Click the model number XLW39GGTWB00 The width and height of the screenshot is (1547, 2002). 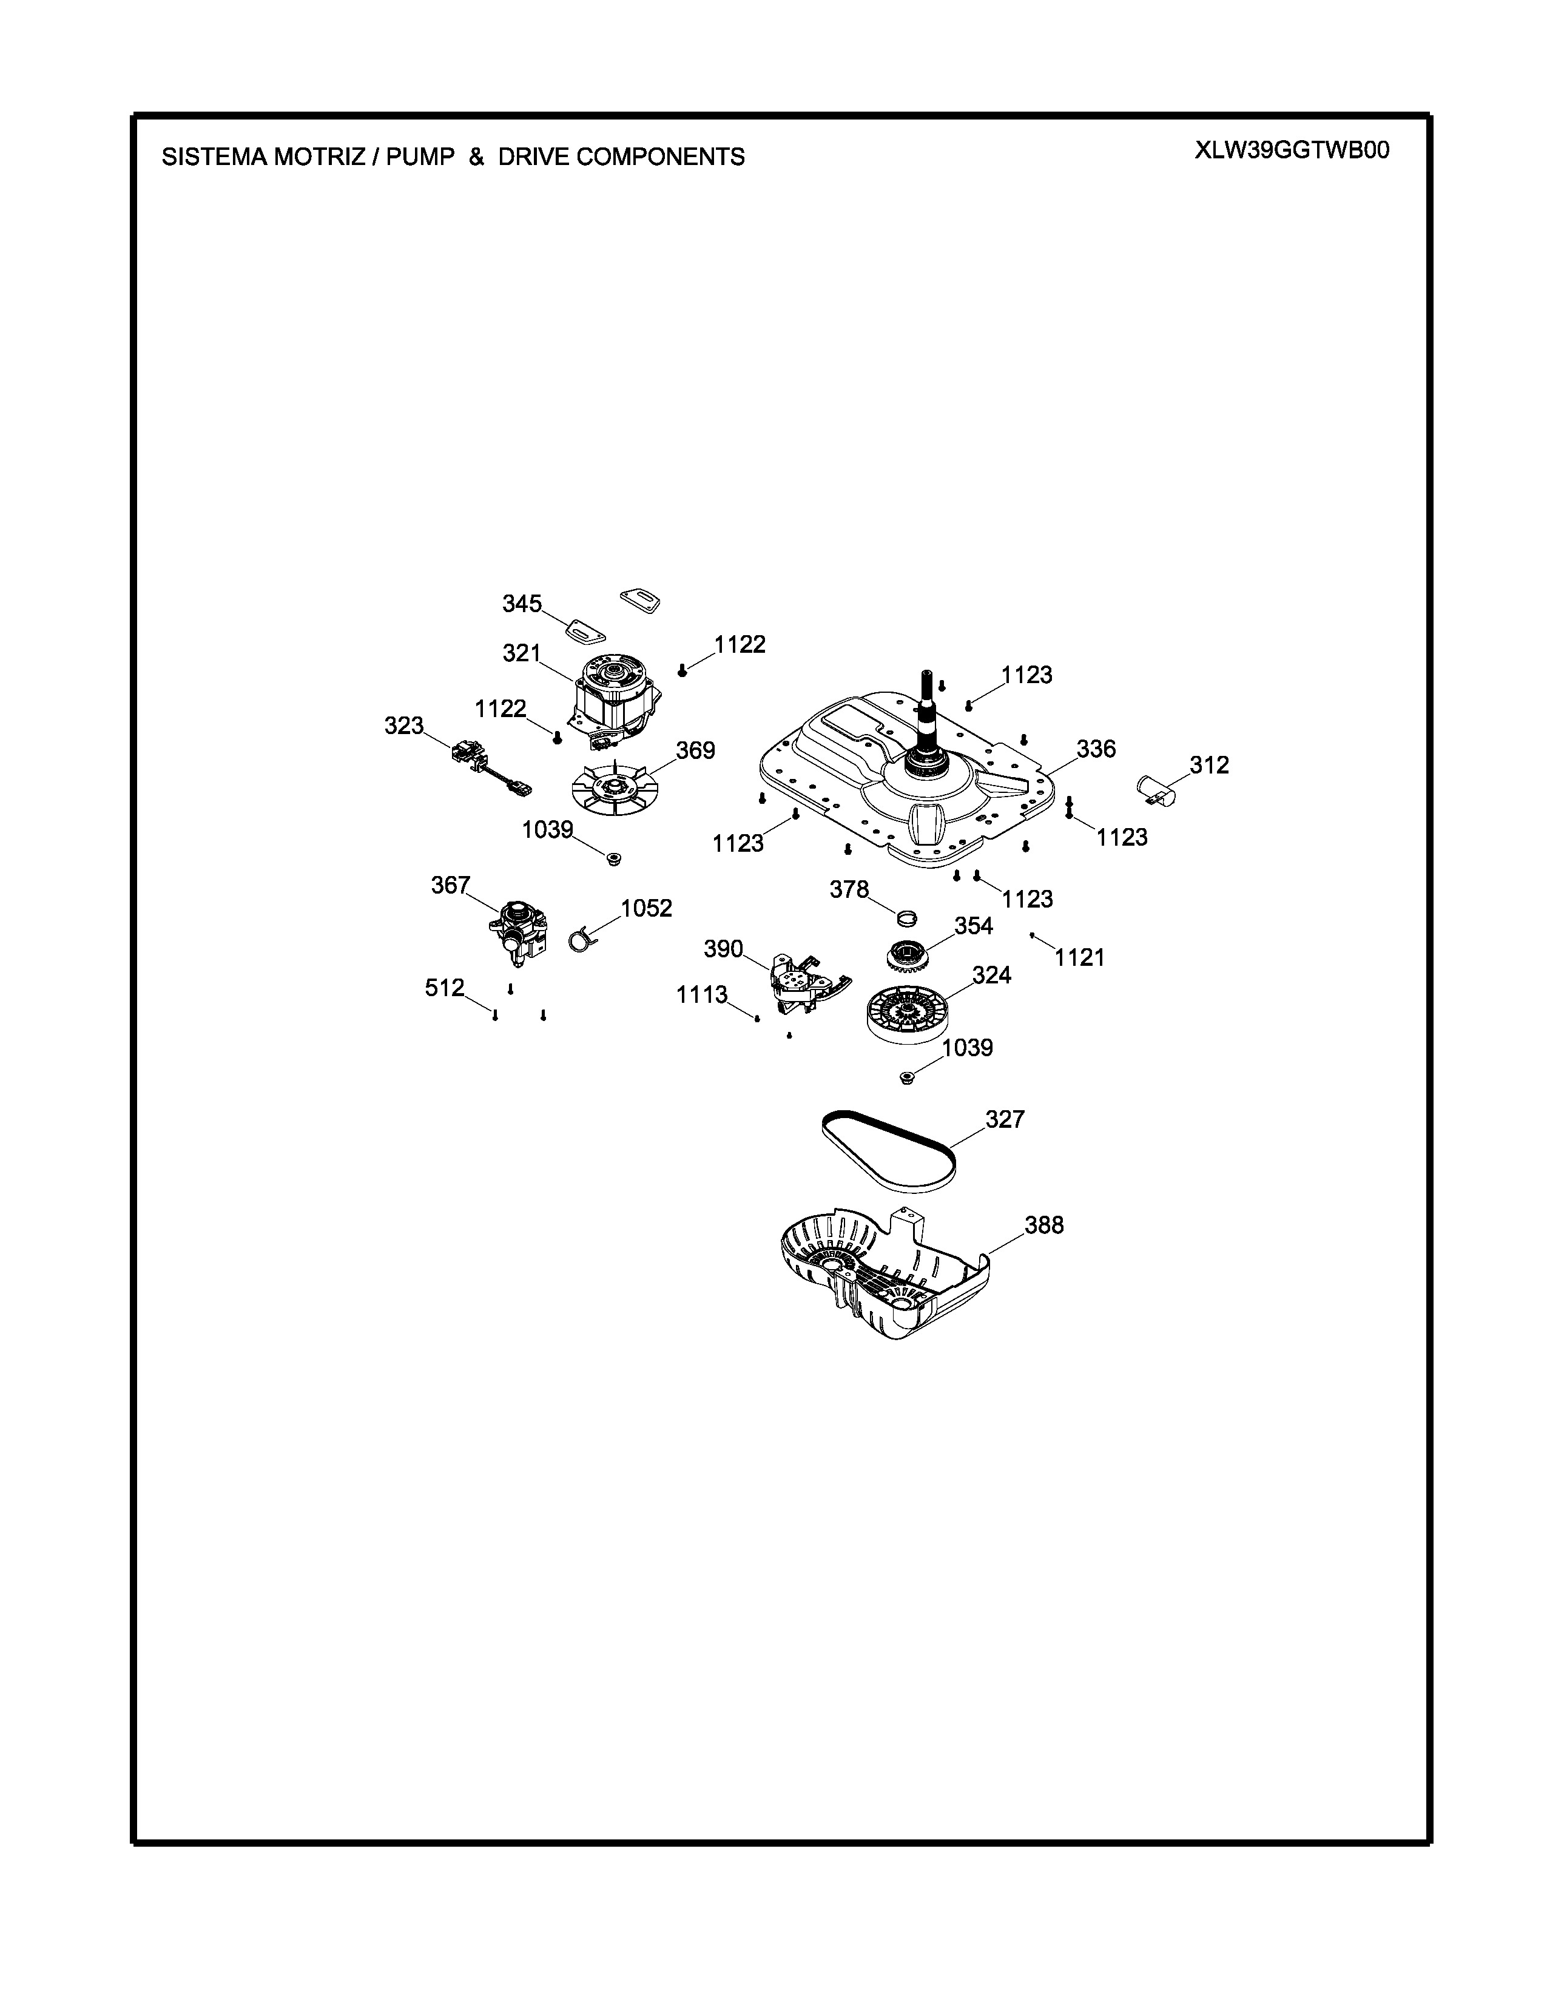(1292, 150)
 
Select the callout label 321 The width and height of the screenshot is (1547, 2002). (522, 653)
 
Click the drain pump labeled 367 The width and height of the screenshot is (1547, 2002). (518, 933)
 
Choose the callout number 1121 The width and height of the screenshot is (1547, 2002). (1080, 958)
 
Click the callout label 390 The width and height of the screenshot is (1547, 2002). (723, 949)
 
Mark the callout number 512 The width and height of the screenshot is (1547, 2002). (445, 988)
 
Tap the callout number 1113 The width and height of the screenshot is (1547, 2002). (702, 994)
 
